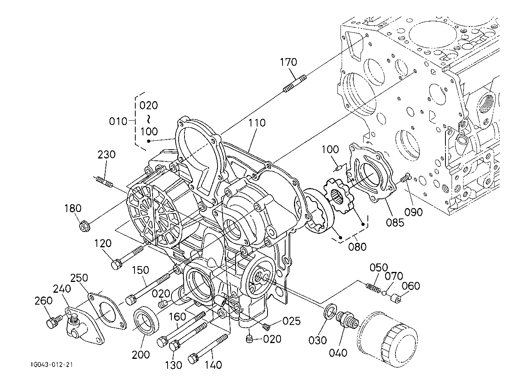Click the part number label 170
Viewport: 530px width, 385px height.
288,62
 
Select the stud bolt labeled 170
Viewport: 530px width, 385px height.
294,85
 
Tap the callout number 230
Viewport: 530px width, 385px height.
106,155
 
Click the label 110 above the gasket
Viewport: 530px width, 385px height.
257,123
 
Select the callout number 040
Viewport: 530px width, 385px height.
338,353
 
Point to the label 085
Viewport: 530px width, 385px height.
395,222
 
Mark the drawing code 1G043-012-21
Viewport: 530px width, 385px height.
52,364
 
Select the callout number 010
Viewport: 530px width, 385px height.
118,122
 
